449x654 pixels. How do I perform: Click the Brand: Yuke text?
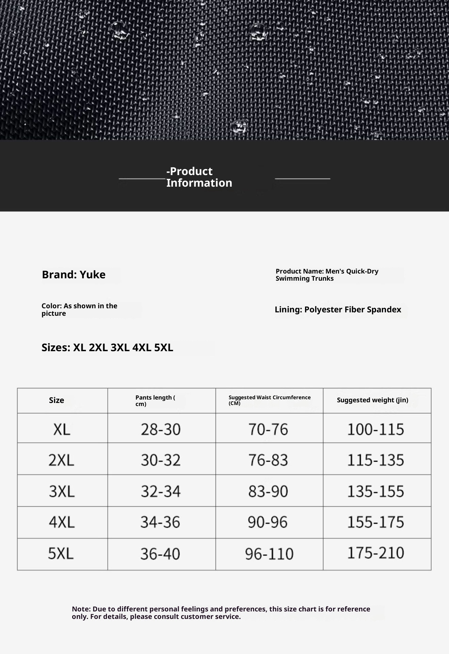click(74, 275)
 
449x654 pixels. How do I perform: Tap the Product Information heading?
click(199, 177)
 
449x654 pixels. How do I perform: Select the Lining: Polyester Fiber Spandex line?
click(338, 310)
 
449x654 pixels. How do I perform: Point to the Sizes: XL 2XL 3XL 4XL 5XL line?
click(107, 347)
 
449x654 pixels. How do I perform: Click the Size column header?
click(57, 400)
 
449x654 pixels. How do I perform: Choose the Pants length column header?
click(155, 401)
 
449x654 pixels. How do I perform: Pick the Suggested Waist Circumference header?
click(269, 400)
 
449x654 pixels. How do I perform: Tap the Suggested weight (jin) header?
click(372, 400)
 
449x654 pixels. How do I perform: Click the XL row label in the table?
click(62, 430)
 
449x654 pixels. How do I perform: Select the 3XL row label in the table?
click(62, 491)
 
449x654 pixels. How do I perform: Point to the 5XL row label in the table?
click(61, 554)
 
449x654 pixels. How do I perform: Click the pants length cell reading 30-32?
click(161, 460)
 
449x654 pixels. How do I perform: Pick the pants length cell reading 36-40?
click(160, 554)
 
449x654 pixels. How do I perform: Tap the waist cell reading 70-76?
click(268, 430)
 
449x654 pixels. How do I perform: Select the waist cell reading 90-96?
click(268, 522)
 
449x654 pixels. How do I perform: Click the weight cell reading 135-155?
click(375, 491)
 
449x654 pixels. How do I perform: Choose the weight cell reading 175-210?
click(375, 553)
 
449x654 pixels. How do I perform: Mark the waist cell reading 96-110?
click(269, 554)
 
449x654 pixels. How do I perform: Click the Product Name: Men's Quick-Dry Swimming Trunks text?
click(327, 275)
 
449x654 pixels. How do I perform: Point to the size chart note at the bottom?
click(221, 613)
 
